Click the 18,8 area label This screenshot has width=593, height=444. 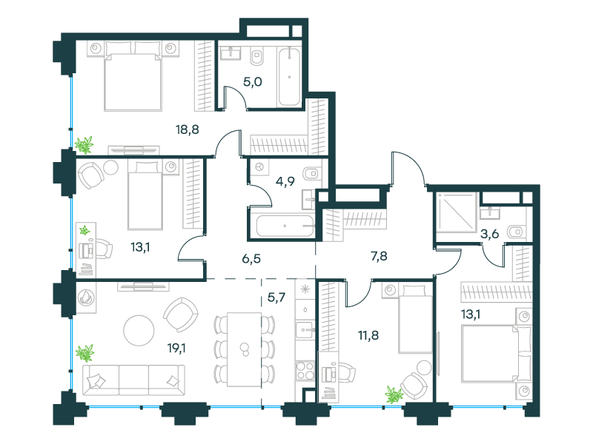coord(188,130)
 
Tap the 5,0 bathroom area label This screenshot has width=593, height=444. coord(253,81)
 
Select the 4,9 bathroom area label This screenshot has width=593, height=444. coord(285,181)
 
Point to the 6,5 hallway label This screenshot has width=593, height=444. coord(251,258)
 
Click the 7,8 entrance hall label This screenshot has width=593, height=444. coord(379,256)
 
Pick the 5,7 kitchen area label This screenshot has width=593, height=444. coord(276,297)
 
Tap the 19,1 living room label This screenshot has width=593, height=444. coord(176,348)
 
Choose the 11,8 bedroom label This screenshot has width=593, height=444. coord(368,335)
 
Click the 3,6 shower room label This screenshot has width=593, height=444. coord(489,234)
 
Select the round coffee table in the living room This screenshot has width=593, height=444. coord(139,330)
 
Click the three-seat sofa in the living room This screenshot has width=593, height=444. coord(134,380)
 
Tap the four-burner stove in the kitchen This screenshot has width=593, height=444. coord(305,371)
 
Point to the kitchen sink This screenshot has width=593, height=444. coord(305,329)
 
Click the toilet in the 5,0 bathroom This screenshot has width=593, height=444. coord(257,57)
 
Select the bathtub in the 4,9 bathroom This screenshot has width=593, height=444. coord(285,226)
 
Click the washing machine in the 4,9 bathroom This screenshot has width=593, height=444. coord(259,167)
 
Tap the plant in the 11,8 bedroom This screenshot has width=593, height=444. coord(394,395)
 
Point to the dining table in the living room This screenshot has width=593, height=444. coord(245,349)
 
